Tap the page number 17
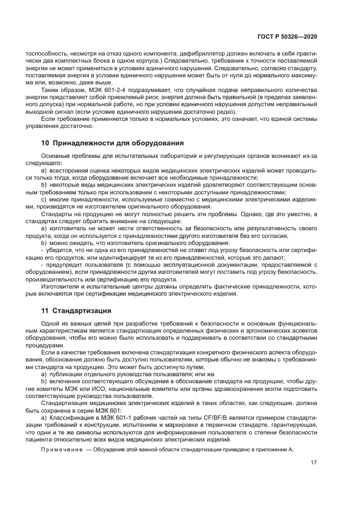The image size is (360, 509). click(314, 464)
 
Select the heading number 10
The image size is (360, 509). click(46, 143)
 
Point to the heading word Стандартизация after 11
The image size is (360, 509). click(82, 311)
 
